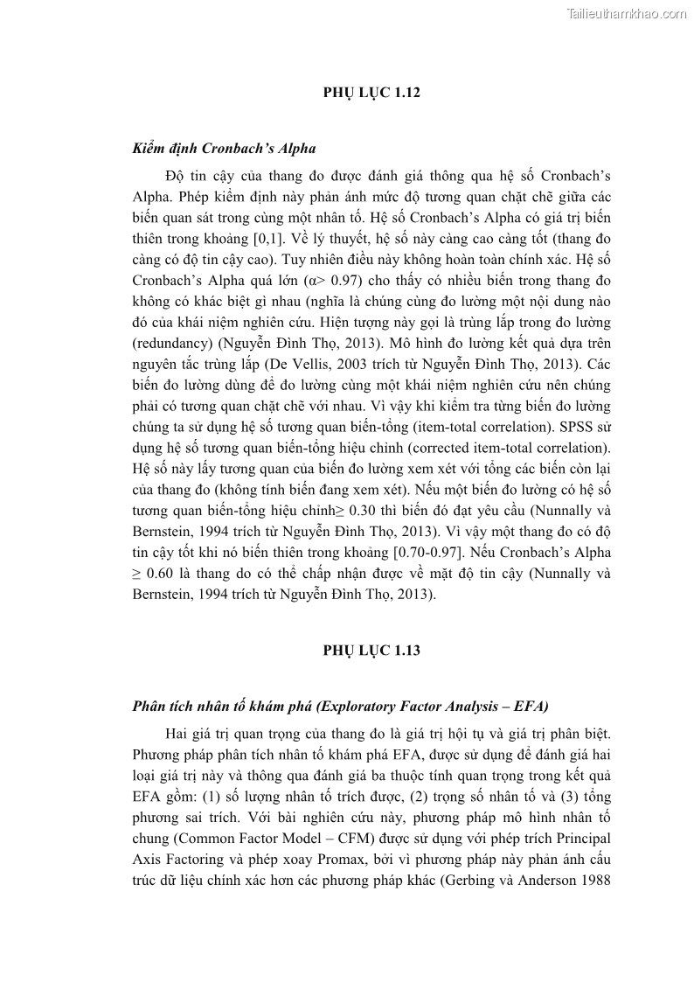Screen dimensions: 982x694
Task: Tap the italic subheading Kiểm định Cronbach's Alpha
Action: pos(224,149)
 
